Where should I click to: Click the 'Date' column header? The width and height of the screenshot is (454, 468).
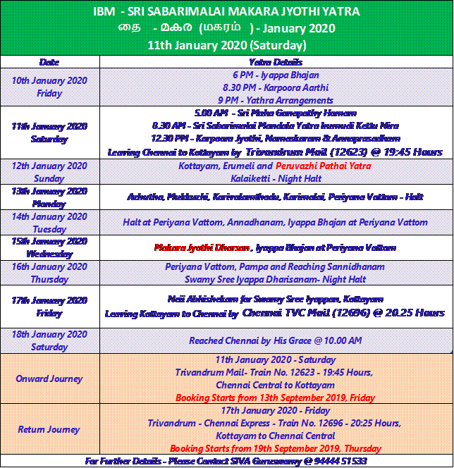click(x=49, y=62)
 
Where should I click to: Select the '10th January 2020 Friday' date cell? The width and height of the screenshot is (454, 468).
click(x=49, y=87)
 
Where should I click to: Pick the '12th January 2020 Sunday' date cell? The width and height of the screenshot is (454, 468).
click(x=49, y=171)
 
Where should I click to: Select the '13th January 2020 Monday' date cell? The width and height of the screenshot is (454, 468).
click(x=49, y=197)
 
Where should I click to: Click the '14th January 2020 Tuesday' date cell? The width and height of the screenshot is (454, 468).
click(x=49, y=223)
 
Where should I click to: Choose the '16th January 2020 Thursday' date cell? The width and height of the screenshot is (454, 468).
click(x=49, y=273)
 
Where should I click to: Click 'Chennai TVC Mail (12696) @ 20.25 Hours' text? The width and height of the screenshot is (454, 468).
click(x=343, y=312)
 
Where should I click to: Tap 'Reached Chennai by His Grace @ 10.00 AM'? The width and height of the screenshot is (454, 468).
click(x=276, y=340)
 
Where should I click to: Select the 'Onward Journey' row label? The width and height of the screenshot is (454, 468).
click(x=49, y=378)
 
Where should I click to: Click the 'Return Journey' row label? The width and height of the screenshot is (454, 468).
click(x=49, y=429)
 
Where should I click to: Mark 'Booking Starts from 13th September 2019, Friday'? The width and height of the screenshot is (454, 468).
click(x=276, y=398)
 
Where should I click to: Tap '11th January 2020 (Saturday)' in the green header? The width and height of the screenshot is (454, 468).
click(x=226, y=44)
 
